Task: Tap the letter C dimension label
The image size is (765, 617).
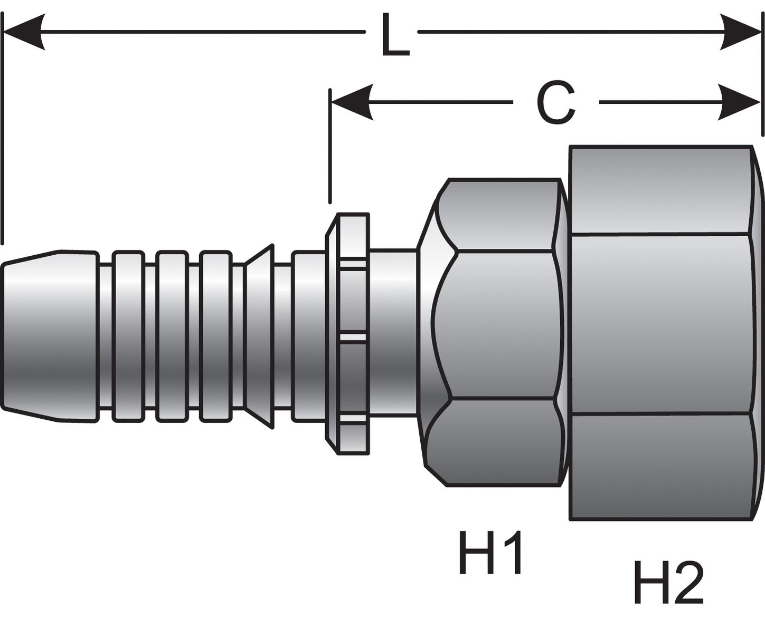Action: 555,103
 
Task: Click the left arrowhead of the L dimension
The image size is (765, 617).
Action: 24,32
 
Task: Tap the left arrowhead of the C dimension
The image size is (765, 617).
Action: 351,102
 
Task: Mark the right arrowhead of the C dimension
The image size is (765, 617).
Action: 740,102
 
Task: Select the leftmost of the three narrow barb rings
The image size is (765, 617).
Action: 128,336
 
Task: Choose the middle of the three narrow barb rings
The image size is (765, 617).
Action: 172,336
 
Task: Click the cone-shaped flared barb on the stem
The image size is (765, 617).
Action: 260,336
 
